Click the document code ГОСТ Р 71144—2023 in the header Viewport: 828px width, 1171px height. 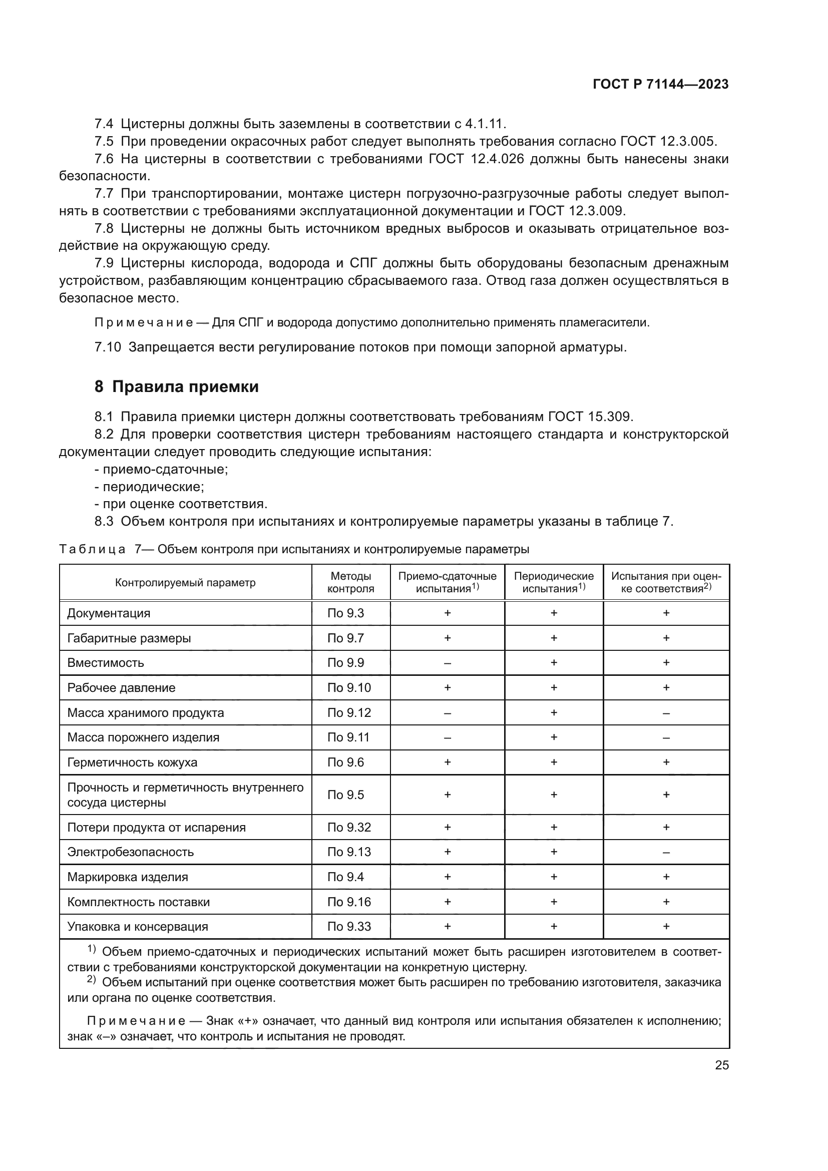click(660, 85)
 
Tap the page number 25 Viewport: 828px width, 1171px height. click(721, 1065)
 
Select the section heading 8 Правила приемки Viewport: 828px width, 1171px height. click(176, 386)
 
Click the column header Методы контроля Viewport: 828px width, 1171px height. click(350, 582)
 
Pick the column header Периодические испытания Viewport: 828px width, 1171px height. click(553, 582)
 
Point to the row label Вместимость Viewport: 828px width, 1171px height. click(106, 662)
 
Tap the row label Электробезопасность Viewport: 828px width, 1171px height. click(131, 852)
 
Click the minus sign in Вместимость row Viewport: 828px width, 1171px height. click(447, 663)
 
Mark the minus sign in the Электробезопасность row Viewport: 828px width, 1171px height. click(666, 852)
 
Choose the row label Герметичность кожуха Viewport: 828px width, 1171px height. click(132, 762)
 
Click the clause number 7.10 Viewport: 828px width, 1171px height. click(108, 347)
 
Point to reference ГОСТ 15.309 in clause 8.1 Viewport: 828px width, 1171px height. click(590, 417)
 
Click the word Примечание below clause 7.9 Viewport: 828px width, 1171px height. click(144, 323)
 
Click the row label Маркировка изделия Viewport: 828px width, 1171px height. click(128, 877)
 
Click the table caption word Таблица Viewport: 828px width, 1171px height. click(92, 549)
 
